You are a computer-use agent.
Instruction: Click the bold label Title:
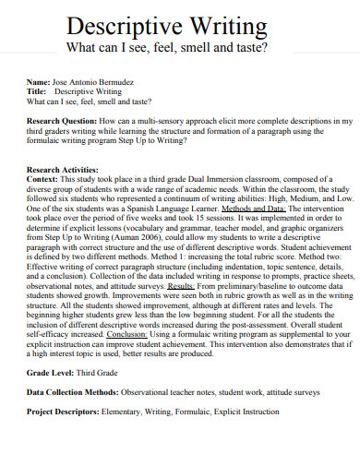(38, 92)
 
